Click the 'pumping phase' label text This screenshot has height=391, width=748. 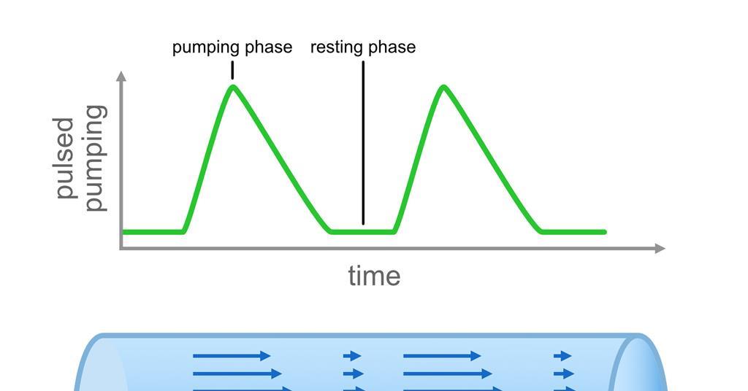(232, 47)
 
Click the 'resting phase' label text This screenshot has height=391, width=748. (362, 47)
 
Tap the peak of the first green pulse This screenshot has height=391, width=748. (233, 88)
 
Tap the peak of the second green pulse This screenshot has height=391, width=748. (443, 88)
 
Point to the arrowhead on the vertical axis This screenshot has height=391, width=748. (121, 76)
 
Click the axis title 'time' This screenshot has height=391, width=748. (374, 276)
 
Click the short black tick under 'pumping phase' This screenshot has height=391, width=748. (232, 70)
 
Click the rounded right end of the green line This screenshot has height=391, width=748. (604, 232)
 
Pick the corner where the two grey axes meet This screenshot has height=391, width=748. (122, 248)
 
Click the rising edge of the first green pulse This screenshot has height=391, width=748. (208, 160)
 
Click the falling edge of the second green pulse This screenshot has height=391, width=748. (493, 160)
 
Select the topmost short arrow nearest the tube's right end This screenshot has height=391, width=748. (562, 356)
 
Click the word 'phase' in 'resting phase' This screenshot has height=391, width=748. (392, 47)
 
